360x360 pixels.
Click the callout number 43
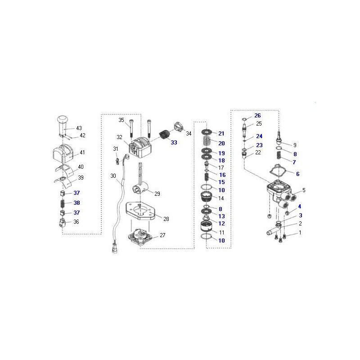tap(79, 128)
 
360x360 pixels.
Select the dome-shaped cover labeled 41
tap(63, 153)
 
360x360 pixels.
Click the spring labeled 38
tap(63, 203)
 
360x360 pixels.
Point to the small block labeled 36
tap(62, 223)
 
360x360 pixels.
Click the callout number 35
tap(121, 120)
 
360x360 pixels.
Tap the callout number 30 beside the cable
tap(113, 176)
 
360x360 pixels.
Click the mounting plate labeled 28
tap(141, 211)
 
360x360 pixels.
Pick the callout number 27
tap(162, 235)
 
